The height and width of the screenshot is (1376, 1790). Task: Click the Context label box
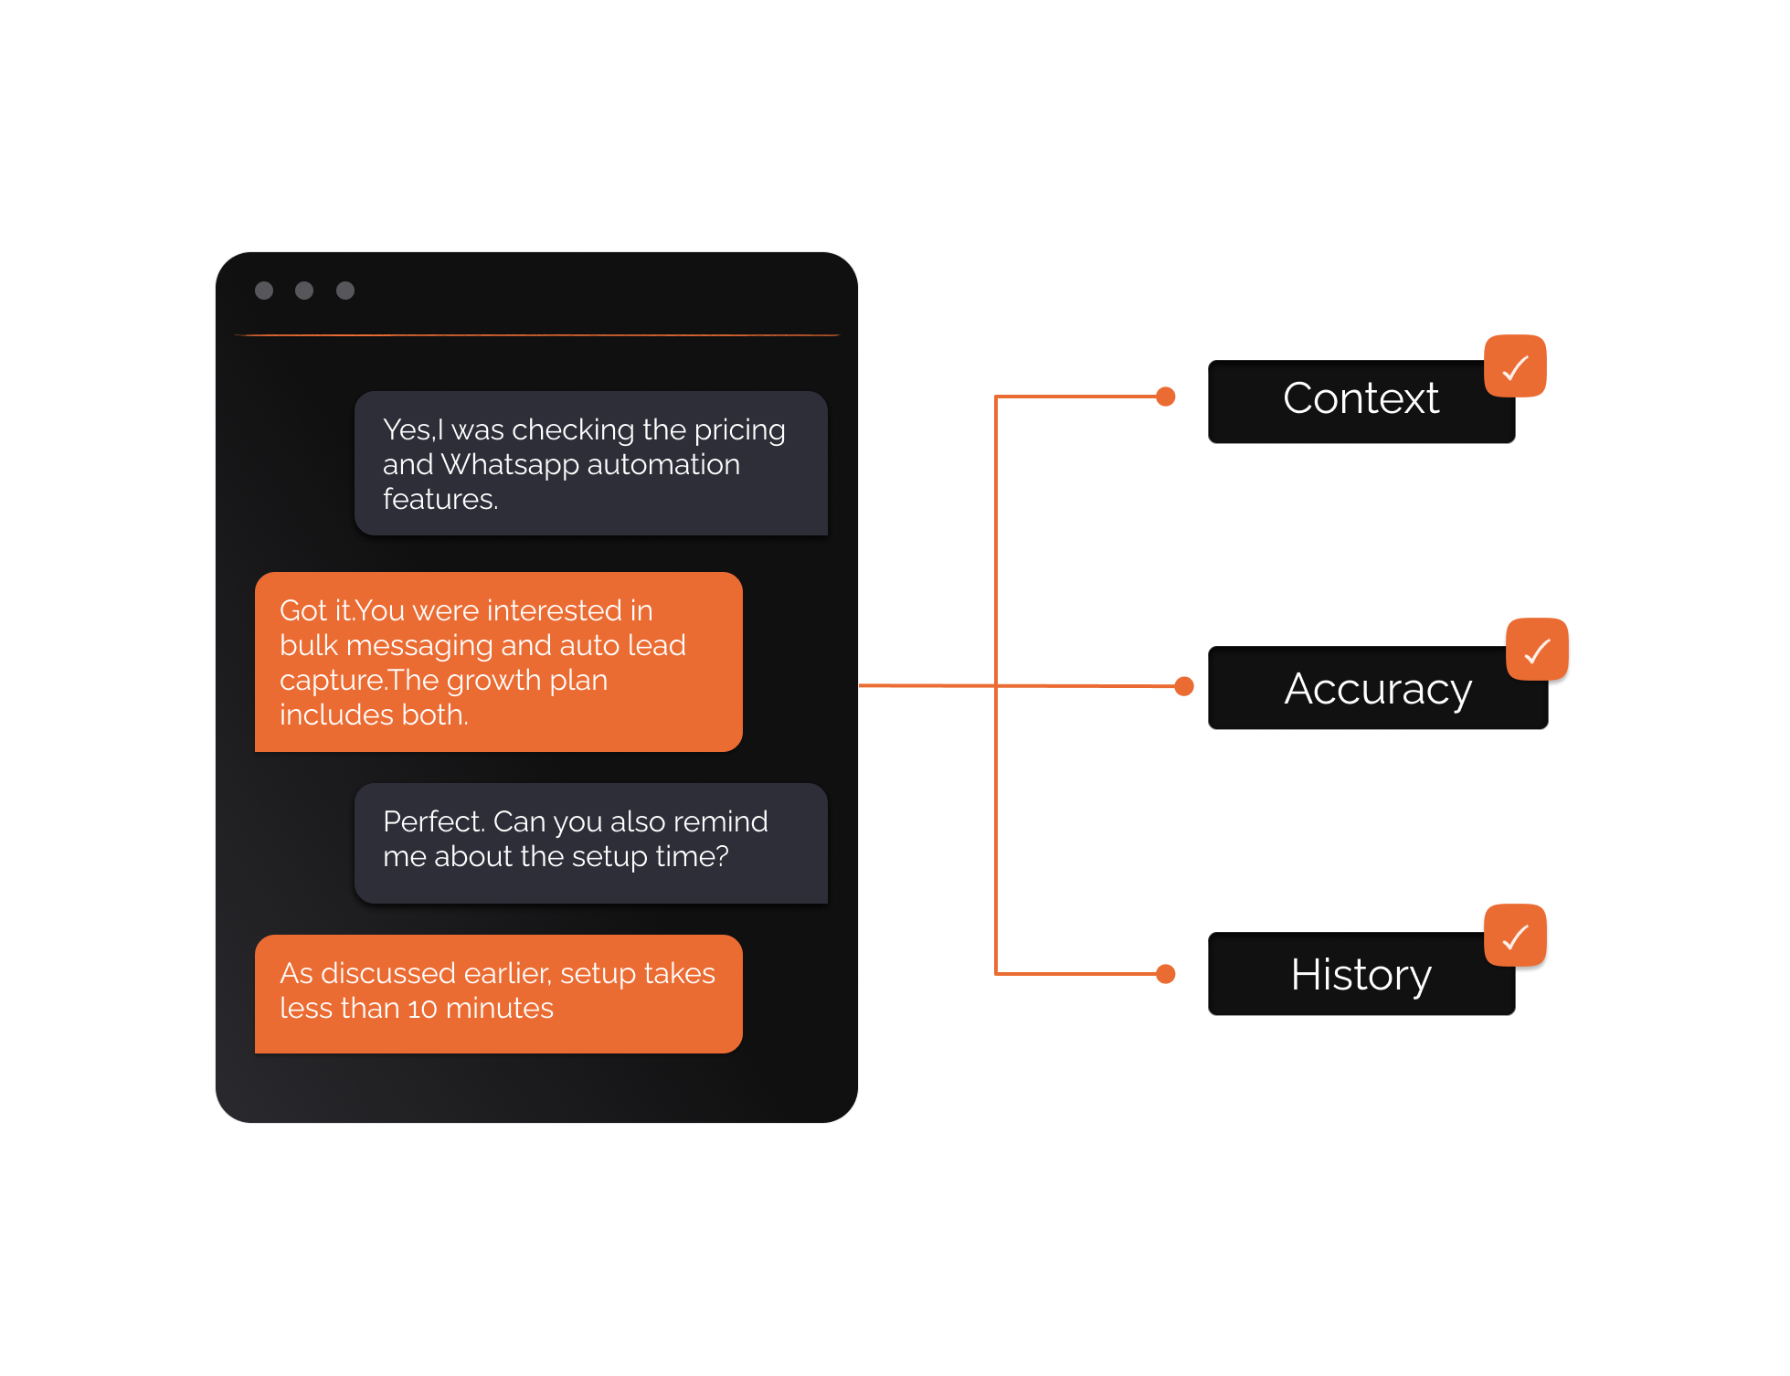coord(1361,402)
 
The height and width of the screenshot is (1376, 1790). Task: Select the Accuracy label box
coord(1377,689)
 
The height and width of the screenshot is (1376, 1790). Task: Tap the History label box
coord(1361,975)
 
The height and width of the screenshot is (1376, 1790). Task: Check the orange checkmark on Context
coord(1515,366)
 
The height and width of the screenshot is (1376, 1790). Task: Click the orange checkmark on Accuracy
coord(1537,650)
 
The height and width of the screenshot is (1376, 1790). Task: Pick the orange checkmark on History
coord(1515,936)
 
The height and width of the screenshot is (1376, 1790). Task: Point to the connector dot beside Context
coord(1166,397)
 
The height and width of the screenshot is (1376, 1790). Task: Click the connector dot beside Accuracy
coord(1184,686)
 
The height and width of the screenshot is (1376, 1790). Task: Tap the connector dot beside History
coord(1166,974)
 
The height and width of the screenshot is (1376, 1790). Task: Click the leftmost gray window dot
coord(264,291)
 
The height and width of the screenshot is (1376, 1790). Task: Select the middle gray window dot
coord(304,291)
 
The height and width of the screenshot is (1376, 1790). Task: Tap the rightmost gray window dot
coord(345,291)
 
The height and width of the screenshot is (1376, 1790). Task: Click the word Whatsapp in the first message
coord(509,465)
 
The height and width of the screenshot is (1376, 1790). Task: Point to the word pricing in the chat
coord(739,430)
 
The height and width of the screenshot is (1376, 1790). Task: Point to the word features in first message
coord(440,500)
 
